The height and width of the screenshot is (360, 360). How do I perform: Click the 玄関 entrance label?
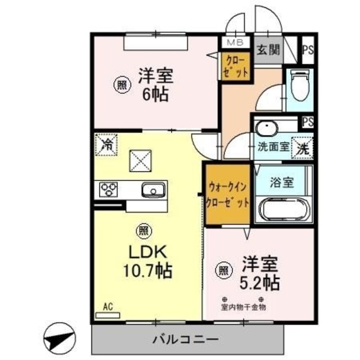point(267,50)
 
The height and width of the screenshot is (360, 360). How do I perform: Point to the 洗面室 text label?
point(273,148)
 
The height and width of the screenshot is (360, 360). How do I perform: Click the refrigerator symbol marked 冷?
point(106,144)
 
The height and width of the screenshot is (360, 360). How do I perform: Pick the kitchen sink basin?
point(152,190)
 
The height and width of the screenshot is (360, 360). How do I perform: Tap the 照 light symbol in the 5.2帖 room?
point(223,271)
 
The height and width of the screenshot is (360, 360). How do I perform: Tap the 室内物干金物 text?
point(243,307)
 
